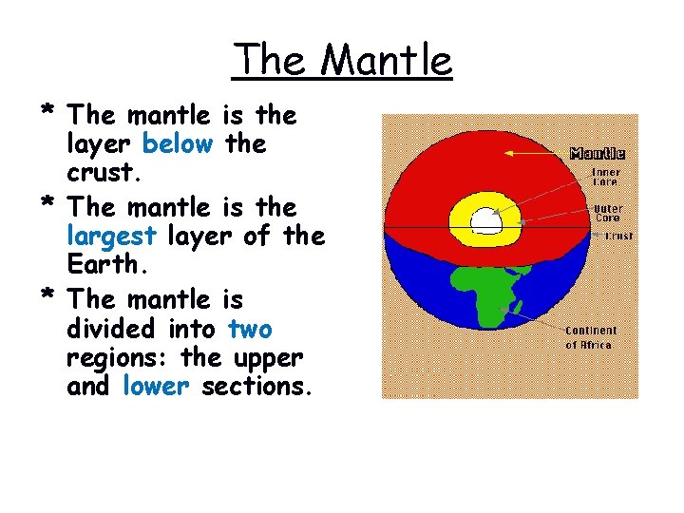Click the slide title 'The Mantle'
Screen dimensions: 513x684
click(x=342, y=61)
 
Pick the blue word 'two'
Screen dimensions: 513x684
click(x=250, y=330)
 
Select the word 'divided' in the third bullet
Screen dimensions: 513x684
click(x=108, y=330)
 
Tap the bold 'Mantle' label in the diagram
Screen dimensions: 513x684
click(x=597, y=153)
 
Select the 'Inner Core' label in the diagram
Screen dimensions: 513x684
click(x=605, y=178)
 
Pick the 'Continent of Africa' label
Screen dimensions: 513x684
click(x=591, y=337)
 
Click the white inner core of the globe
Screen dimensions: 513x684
click(x=485, y=221)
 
